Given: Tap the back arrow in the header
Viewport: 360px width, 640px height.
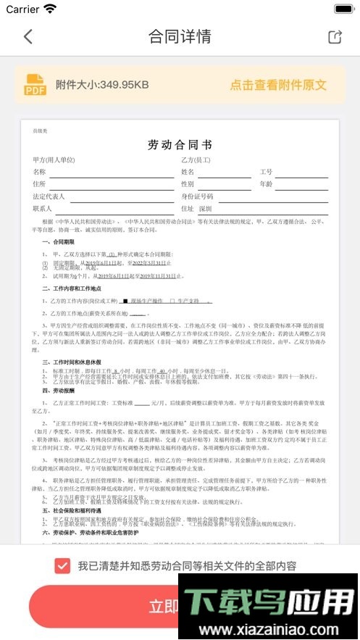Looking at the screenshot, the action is (28, 37).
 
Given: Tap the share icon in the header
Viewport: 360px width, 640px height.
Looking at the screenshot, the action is (335, 37).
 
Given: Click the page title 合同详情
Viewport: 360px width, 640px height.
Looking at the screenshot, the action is (180, 37).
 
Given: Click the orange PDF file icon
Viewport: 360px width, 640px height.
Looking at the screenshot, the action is (35, 85).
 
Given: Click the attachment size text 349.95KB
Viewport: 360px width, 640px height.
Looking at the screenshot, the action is (102, 85).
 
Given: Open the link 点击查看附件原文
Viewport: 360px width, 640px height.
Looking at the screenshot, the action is (278, 85).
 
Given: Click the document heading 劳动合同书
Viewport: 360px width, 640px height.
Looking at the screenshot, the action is (180, 144).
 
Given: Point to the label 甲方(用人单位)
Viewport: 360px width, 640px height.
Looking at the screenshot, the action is (54, 159).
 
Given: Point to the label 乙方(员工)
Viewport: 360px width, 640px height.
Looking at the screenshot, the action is (196, 159).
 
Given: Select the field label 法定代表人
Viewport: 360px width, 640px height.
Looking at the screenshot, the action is (49, 196).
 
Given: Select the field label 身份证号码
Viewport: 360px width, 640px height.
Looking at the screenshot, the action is (197, 196).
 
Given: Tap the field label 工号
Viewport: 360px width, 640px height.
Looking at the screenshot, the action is (266, 172).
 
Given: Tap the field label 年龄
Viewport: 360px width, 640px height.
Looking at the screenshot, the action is (266, 184).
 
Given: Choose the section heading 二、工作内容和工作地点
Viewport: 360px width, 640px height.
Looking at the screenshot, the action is (75, 288).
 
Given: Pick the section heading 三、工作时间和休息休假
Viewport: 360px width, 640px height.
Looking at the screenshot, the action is (75, 361).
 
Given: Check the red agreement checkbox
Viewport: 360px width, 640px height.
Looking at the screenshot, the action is (62, 565).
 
